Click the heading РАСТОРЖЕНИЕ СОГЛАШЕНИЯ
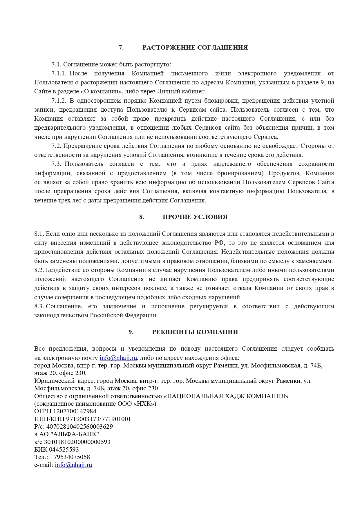(195, 48)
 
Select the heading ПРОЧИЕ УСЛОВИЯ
(195, 217)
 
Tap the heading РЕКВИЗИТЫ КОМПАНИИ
(195, 332)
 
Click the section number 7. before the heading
(121, 48)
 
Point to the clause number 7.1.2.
(59, 101)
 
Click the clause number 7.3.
(56, 164)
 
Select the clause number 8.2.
(39, 270)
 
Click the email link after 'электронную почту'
(118, 358)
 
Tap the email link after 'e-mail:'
(73, 465)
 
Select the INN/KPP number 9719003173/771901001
(99, 419)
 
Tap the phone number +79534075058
(70, 457)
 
